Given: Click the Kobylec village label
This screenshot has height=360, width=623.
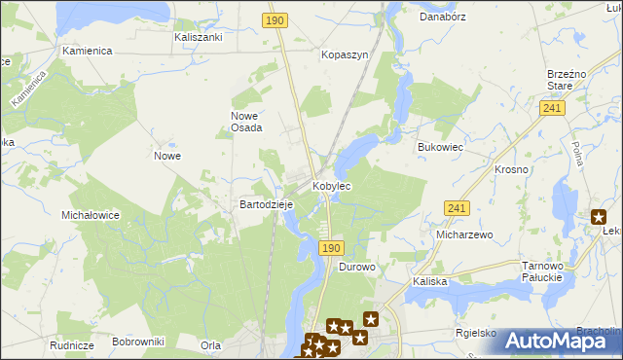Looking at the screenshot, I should [x=331, y=185].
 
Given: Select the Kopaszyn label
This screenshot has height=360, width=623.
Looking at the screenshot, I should [x=345, y=55].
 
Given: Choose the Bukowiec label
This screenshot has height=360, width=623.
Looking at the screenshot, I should [x=438, y=146].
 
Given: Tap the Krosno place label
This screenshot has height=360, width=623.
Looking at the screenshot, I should [x=511, y=169].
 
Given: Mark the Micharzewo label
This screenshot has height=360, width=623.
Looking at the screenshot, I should [x=465, y=235].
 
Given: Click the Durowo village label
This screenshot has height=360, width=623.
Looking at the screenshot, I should [x=356, y=267].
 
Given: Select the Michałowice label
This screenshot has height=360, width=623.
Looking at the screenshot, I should [x=90, y=214].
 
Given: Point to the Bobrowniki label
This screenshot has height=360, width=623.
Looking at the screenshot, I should [x=138, y=342].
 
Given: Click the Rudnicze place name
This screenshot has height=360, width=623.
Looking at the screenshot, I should [x=72, y=345].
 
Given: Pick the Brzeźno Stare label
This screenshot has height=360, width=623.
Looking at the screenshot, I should [x=567, y=79].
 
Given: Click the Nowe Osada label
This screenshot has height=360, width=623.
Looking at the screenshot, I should [x=246, y=122].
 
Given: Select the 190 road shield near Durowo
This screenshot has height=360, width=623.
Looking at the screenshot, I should [x=330, y=248].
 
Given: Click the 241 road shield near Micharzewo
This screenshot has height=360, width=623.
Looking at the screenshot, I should [x=457, y=208].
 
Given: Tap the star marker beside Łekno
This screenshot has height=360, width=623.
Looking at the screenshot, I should [x=599, y=218].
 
